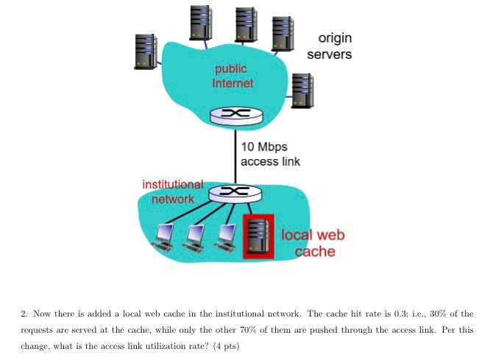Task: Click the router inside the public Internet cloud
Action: [235, 116]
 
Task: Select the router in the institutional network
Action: [235, 192]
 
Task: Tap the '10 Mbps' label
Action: [263, 147]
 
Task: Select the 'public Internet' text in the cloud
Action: [232, 76]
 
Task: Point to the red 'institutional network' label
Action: [173, 191]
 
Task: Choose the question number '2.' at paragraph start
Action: [25, 313]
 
